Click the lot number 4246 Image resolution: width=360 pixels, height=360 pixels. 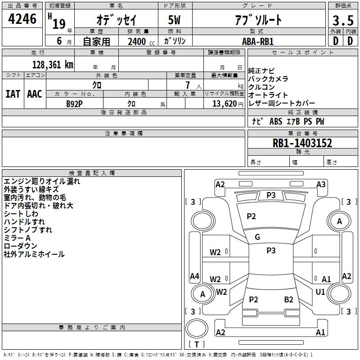coord(22,19)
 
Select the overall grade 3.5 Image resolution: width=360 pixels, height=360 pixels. coord(343,20)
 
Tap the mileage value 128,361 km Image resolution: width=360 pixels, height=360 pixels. coord(53,65)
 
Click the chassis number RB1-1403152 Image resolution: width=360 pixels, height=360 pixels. coord(302,143)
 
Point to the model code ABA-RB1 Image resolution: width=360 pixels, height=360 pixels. coord(258,41)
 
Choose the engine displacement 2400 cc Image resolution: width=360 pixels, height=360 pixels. coord(141,42)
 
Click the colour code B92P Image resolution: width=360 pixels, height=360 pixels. coord(74,104)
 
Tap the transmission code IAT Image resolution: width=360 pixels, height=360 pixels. coord(13,94)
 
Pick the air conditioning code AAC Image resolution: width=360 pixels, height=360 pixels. coord(35,94)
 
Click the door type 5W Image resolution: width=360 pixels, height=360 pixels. coord(174,20)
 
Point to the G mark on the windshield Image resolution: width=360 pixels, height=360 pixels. coord(257,237)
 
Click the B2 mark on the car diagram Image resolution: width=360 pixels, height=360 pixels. coord(288,300)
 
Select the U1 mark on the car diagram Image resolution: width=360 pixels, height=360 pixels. coord(320,292)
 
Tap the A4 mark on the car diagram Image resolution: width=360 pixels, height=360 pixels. coord(194,276)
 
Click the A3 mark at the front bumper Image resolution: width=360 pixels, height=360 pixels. coord(321,184)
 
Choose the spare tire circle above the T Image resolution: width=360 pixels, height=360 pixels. coord(197,328)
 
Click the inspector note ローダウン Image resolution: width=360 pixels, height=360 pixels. coord(20,246)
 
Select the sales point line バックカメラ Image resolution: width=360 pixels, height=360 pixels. coord(268,79)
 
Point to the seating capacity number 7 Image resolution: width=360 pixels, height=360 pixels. coord(188,85)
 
